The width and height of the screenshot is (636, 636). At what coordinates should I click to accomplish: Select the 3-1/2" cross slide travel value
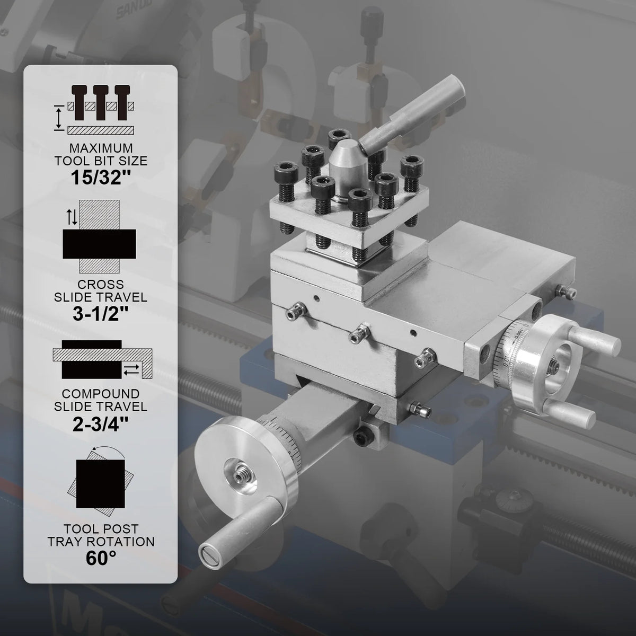pyautogui.click(x=101, y=314)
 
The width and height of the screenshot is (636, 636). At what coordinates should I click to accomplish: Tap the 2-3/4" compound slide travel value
pyautogui.click(x=101, y=425)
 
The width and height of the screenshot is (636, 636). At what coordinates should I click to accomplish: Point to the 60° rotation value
pyautogui.click(x=101, y=558)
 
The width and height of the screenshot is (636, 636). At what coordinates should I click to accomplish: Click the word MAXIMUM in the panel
pyautogui.click(x=101, y=148)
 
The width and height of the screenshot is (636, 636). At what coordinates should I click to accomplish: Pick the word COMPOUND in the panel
pyautogui.click(x=101, y=394)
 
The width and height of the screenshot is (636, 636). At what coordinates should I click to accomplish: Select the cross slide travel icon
pyautogui.click(x=99, y=236)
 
